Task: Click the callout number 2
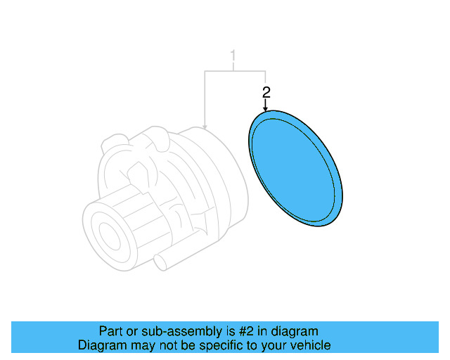tap(266, 92)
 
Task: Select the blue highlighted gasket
tap(295, 169)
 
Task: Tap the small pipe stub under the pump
tap(163, 262)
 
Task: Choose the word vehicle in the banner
tap(310, 345)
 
